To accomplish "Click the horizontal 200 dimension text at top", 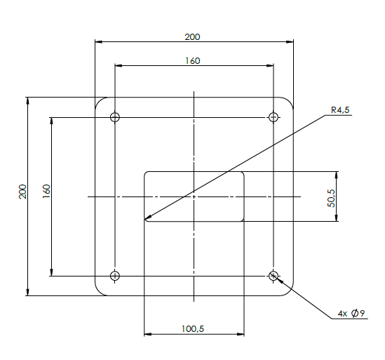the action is [x=192, y=37].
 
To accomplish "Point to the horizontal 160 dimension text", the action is [x=193, y=61].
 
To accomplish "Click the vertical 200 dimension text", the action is [x=22, y=192].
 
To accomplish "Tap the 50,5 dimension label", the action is [x=331, y=198].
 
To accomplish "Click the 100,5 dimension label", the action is [x=193, y=329].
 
